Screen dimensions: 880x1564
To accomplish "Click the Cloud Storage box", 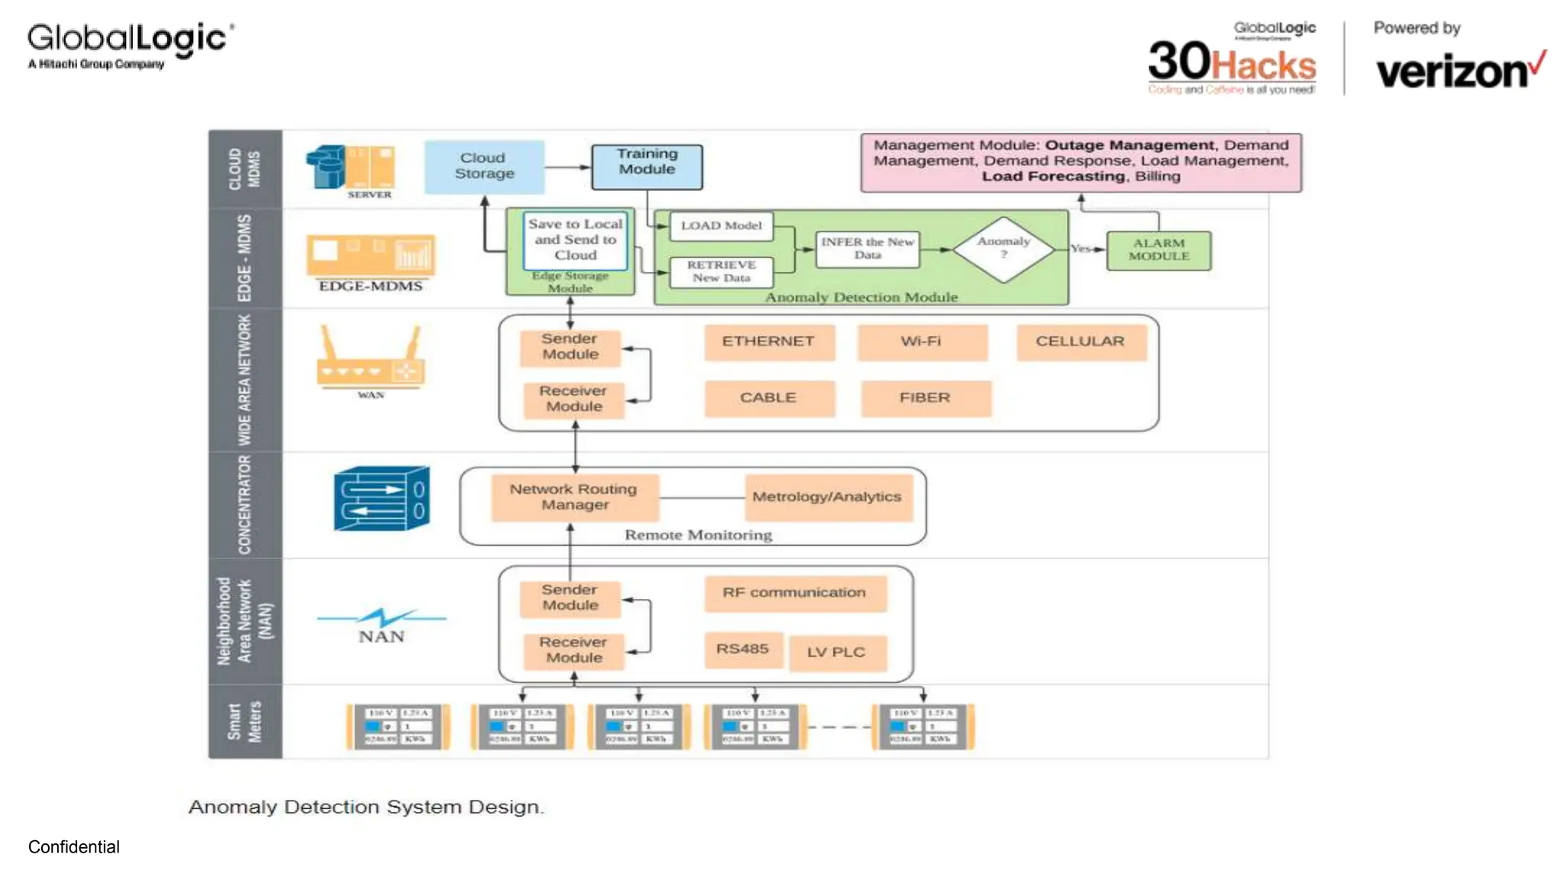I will pos(484,166).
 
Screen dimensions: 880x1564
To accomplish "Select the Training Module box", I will pos(647,167).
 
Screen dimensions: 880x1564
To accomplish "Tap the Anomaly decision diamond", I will pos(1003,248).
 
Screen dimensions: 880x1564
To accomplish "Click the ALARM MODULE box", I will pos(1158,250).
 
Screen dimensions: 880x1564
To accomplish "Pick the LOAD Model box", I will pos(721,226).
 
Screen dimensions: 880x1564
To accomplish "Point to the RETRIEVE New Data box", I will pos(721,272).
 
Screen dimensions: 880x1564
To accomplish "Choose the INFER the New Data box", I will pos(867,249).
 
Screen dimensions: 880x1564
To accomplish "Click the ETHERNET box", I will pos(768,341).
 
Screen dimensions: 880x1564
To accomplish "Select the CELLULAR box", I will pos(1081,341).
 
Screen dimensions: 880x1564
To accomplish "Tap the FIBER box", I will pos(925,398).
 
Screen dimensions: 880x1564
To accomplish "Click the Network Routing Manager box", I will pos(574,497).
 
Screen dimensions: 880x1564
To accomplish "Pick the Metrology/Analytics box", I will pos(827,497).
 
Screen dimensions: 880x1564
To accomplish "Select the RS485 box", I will pos(742,649).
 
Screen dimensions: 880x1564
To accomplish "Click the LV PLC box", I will pos(836,652).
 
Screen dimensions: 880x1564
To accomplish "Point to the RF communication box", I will pos(794,593).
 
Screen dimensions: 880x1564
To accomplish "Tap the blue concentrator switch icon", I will pos(381,498).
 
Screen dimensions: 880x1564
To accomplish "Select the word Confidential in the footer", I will pos(74,847).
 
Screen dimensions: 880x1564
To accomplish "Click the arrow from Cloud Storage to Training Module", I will pos(568,167).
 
